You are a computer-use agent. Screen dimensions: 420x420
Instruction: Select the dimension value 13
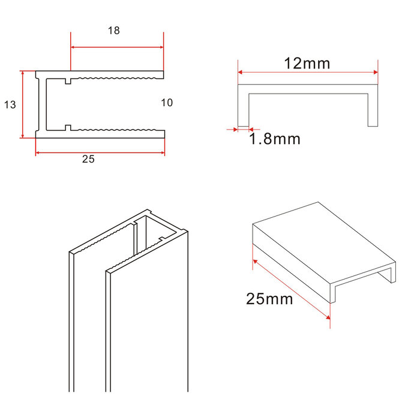10,104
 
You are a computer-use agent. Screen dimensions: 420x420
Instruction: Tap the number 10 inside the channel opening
167,103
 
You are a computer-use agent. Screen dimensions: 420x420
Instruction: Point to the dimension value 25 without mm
88,160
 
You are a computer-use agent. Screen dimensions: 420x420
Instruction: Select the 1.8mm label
274,140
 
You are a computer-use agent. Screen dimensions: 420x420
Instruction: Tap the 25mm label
269,298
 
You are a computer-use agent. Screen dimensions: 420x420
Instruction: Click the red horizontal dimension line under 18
117,47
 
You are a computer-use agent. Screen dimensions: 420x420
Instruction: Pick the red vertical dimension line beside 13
22,104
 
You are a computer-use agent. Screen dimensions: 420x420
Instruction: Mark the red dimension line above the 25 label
100,152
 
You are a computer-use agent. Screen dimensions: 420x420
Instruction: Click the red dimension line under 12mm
308,73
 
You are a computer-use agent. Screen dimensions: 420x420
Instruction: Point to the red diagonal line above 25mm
291,289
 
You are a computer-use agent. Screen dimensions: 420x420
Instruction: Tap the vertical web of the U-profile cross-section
41,104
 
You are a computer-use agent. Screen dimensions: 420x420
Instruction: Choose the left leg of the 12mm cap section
243,108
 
